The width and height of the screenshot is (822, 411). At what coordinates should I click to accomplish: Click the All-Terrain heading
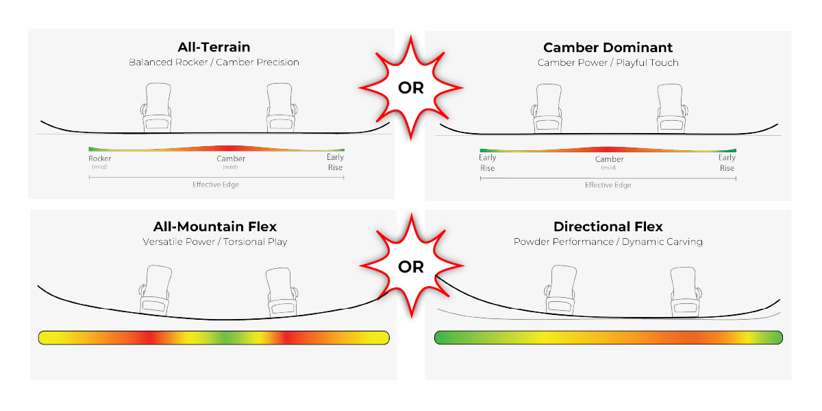(214, 47)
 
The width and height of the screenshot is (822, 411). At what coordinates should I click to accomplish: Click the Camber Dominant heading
(608, 47)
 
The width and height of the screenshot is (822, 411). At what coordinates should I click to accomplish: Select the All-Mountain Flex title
(215, 227)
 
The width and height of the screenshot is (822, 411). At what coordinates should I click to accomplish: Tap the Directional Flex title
(608, 227)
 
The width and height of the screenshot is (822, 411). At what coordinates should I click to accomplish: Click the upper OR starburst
(410, 88)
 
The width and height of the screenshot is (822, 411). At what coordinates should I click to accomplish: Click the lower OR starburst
(410, 268)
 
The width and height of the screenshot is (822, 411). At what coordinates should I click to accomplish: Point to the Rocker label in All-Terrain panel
(100, 159)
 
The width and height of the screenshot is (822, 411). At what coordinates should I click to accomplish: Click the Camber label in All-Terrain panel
(231, 159)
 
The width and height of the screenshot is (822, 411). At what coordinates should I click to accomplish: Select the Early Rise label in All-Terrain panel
(335, 163)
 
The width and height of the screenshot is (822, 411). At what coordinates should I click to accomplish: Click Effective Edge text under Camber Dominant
(608, 185)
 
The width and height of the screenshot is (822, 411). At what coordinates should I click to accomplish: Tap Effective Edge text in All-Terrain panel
(215, 185)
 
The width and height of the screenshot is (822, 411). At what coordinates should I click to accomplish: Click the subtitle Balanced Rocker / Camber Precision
(214, 62)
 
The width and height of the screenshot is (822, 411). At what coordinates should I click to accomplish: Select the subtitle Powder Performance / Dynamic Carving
(608, 242)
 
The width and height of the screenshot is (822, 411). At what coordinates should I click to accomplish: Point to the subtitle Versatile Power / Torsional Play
(215, 242)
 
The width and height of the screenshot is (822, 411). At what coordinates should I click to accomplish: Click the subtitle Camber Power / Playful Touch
(608, 62)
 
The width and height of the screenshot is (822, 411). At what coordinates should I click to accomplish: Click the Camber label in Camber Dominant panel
(608, 160)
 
